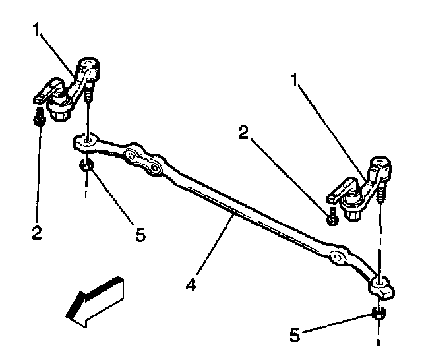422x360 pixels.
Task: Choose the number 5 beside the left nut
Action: click(x=140, y=233)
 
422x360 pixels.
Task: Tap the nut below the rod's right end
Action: click(x=378, y=315)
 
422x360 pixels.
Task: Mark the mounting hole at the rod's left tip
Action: click(x=86, y=140)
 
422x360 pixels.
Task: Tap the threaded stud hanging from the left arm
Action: click(x=88, y=96)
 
